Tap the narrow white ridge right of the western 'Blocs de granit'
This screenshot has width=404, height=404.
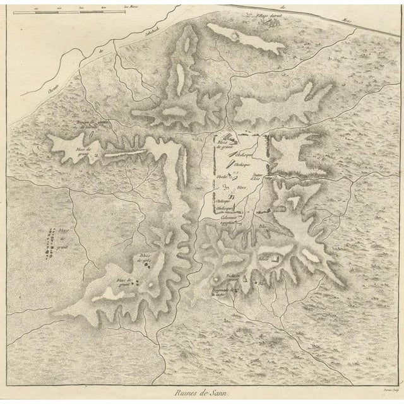coord(126,153)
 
